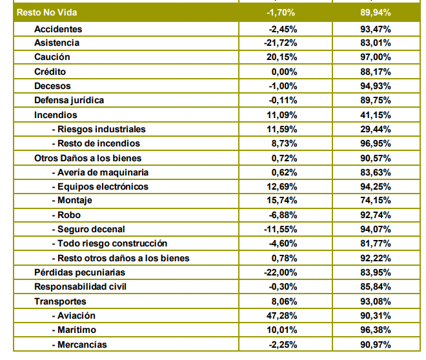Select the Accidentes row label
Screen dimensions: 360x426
tap(58, 29)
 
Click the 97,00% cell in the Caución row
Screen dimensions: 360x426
tap(376, 57)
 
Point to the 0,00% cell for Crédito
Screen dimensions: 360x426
tap(285, 72)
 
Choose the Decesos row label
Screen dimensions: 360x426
tap(52, 86)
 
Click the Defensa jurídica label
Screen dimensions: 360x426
tap(69, 100)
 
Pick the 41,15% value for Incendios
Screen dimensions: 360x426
tap(376, 115)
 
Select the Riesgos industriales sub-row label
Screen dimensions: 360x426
tap(99, 129)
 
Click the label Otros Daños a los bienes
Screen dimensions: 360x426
tap(88, 157)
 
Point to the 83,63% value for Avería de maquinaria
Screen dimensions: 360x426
tap(376, 172)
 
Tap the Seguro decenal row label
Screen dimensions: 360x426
tap(88, 229)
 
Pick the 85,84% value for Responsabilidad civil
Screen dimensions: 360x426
tap(376, 286)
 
